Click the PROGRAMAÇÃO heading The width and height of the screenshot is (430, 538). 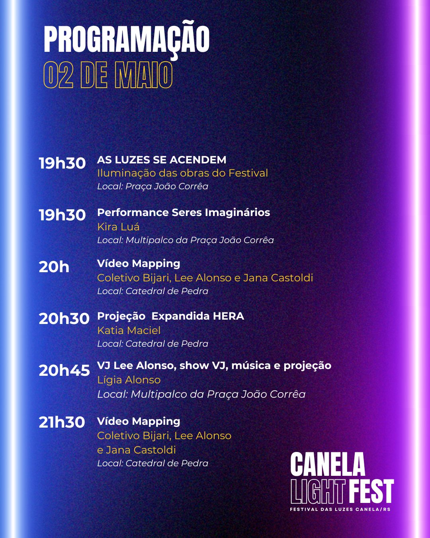pyautogui.click(x=127, y=39)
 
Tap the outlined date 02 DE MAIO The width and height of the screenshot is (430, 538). pyautogui.click(x=108, y=75)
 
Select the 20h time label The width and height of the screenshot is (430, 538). pyautogui.click(x=54, y=267)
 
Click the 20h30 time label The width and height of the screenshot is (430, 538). pyautogui.click(x=64, y=319)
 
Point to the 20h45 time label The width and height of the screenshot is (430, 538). pyautogui.click(x=64, y=371)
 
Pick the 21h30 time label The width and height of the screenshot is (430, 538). pyautogui.click(x=62, y=422)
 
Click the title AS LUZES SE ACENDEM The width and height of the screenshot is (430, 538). pyautogui.click(x=162, y=160)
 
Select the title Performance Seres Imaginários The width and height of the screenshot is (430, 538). pyautogui.click(x=184, y=212)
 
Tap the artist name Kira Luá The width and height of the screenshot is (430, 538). pyautogui.click(x=118, y=227)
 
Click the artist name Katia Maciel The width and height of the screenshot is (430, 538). pyautogui.click(x=129, y=330)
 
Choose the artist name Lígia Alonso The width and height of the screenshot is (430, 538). pyautogui.click(x=129, y=380)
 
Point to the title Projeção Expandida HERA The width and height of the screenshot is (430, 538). pyautogui.click(x=171, y=316)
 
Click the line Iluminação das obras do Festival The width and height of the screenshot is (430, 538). pyautogui.click(x=183, y=173)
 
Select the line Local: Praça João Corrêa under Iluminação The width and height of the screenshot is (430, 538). pyautogui.click(x=152, y=186)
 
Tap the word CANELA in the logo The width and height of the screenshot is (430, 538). pyautogui.click(x=328, y=465)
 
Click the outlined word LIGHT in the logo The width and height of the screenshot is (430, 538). pyautogui.click(x=318, y=492)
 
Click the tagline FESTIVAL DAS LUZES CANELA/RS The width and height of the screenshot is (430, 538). pyautogui.click(x=340, y=509)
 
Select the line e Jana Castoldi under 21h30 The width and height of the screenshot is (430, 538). pyautogui.click(x=137, y=450)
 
